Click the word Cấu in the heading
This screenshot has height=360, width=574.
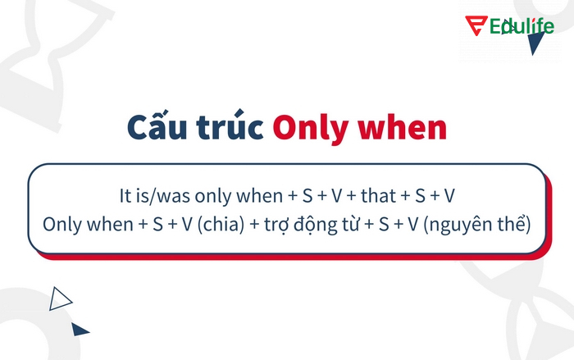click(x=155, y=129)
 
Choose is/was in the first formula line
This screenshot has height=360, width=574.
click(x=166, y=198)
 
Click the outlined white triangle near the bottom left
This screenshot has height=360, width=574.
click(x=59, y=298)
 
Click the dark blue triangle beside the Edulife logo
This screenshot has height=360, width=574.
click(x=536, y=43)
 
